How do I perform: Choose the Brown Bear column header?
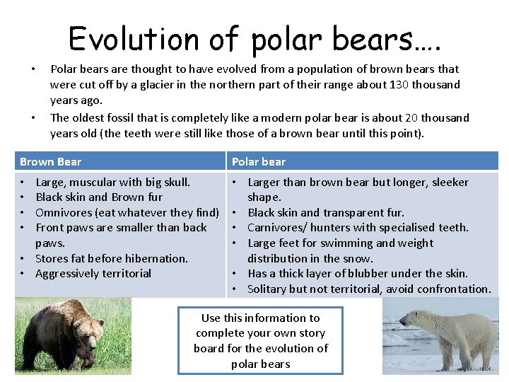[x=50, y=162]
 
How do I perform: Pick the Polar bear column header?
[x=258, y=162]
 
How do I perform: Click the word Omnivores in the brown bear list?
[x=62, y=212]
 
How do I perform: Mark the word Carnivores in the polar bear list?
[x=277, y=228]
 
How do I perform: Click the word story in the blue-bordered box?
[x=311, y=333]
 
